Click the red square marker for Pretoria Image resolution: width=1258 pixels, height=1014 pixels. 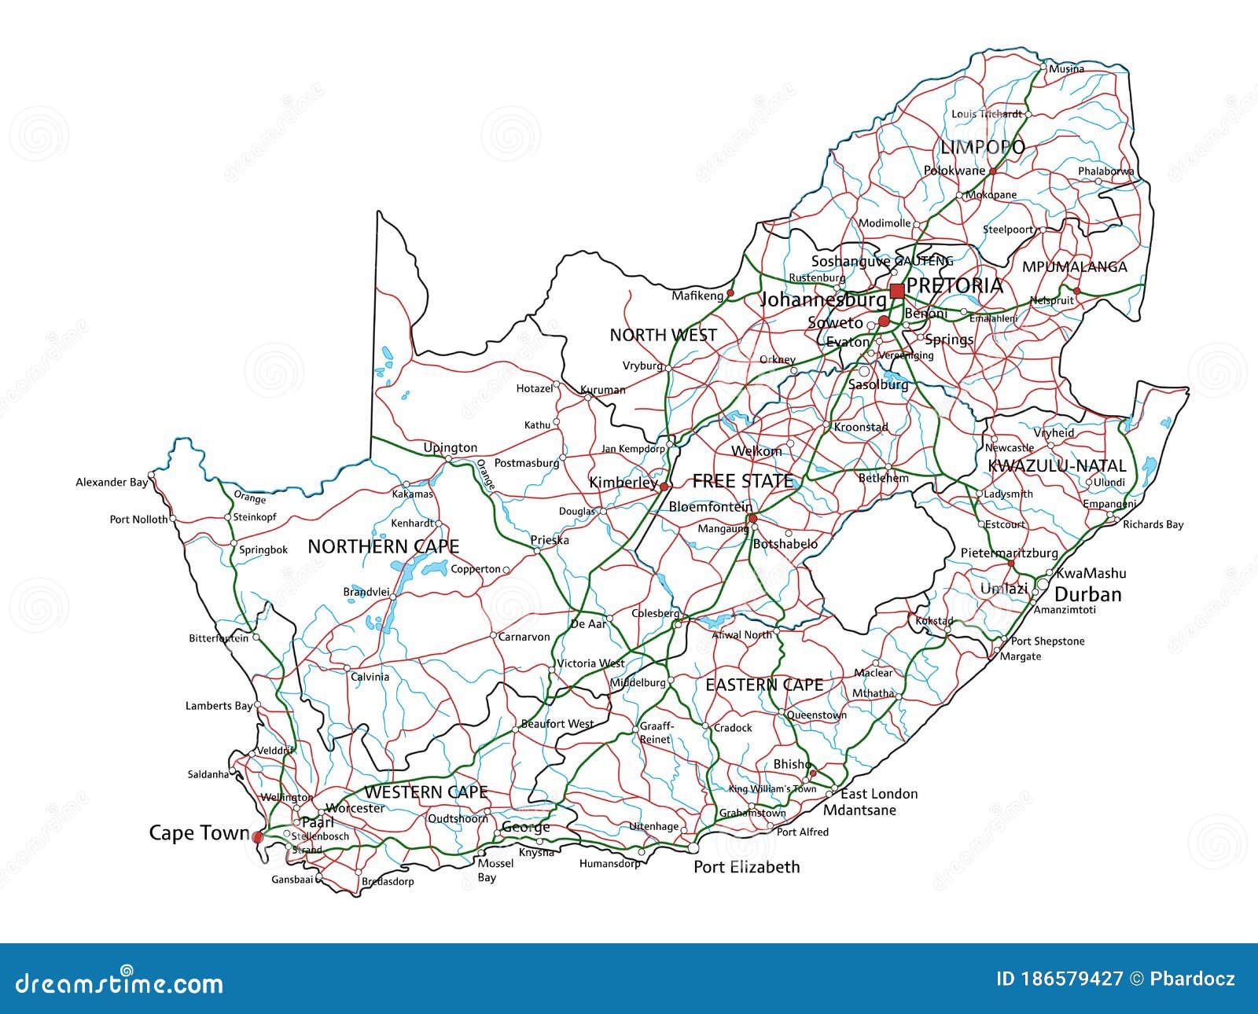(897, 292)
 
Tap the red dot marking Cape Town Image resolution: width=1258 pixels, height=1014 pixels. (257, 838)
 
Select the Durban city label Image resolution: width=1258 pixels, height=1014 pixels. (1087, 594)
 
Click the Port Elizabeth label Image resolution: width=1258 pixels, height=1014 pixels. (746, 867)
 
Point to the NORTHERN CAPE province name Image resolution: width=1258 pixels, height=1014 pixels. (383, 546)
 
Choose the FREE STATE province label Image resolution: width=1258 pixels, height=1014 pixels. (742, 481)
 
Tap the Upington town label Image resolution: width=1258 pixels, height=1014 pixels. (450, 448)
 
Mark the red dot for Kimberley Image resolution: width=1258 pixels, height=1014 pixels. (664, 487)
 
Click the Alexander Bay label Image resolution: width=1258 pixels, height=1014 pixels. (112, 482)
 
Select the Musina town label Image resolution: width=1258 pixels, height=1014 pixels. (1067, 69)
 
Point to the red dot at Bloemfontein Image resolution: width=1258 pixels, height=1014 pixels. (752, 518)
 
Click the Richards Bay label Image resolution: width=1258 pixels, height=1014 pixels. (1153, 524)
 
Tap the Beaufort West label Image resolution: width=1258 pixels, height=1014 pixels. (557, 724)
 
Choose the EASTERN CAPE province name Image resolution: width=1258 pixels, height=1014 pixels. (763, 685)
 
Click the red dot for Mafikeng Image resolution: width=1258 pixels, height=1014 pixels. (730, 293)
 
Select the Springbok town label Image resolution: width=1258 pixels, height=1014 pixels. (263, 550)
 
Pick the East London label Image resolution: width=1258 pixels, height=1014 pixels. (879, 794)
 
